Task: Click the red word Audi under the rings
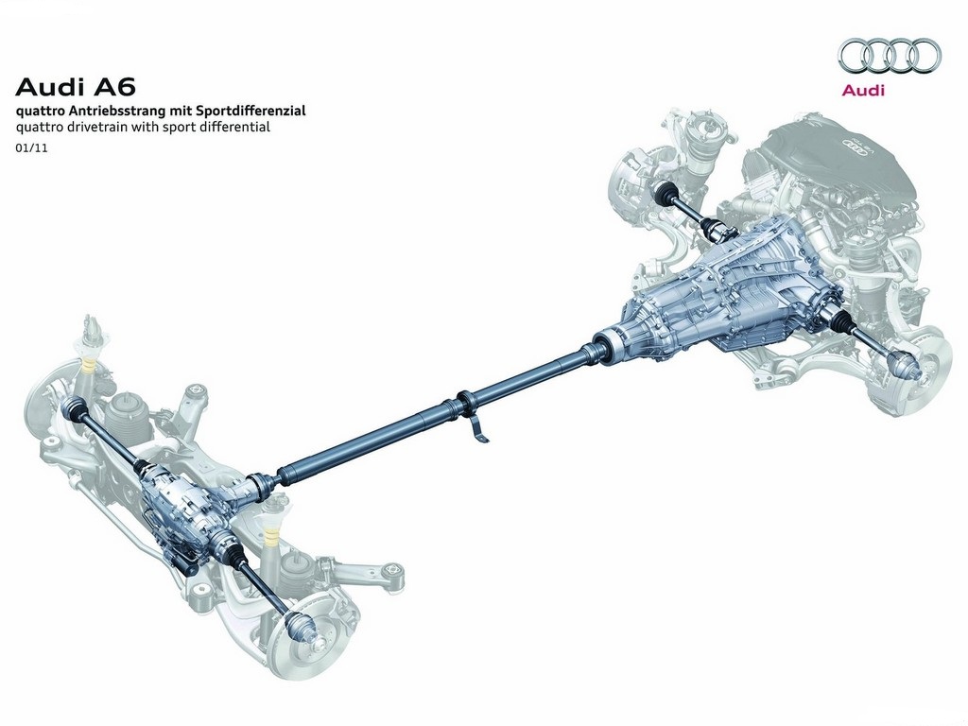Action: click(x=863, y=90)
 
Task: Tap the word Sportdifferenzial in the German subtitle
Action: click(x=251, y=112)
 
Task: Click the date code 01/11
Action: click(x=31, y=148)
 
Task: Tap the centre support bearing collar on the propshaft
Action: click(x=464, y=401)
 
